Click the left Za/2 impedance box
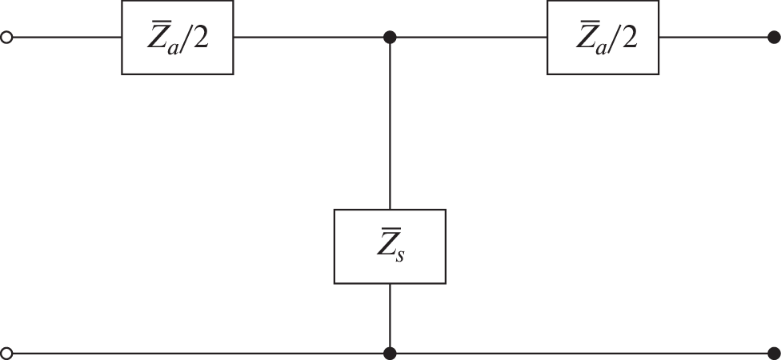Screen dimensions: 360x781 (178, 38)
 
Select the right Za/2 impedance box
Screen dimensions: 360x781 (603, 38)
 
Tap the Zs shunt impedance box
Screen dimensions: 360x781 (390, 246)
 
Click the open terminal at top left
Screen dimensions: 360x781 (7, 38)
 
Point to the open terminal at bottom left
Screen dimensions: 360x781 (7, 352)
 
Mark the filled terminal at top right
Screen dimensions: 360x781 (773, 38)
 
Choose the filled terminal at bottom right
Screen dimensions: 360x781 (773, 352)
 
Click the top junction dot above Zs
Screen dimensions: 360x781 (390, 38)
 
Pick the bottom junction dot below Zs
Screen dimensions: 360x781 (390, 352)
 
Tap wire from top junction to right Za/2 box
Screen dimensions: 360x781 (469, 38)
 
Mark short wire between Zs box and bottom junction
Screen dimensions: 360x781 (390, 317)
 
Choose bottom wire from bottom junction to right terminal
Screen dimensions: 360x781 (581, 352)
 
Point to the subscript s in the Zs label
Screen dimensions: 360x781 (399, 258)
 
